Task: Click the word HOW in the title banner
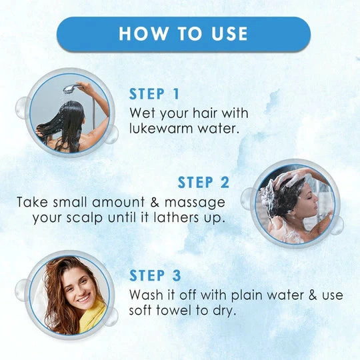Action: pyautogui.click(x=143, y=34)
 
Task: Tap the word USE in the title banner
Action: pyautogui.click(x=229, y=34)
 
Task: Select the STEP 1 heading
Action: pyautogui.click(x=154, y=94)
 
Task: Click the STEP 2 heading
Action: pyautogui.click(x=203, y=182)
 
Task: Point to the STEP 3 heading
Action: pyautogui.click(x=155, y=275)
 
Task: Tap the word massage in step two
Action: pyautogui.click(x=195, y=203)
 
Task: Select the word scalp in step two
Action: pyautogui.click(x=85, y=218)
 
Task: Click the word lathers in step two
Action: pyautogui.click(x=176, y=217)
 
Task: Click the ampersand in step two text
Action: pyautogui.click(x=155, y=202)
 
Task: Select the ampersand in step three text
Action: pyautogui.click(x=313, y=295)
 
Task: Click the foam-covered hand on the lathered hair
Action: pyautogui.click(x=287, y=179)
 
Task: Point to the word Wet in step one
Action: pyautogui.click(x=142, y=113)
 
